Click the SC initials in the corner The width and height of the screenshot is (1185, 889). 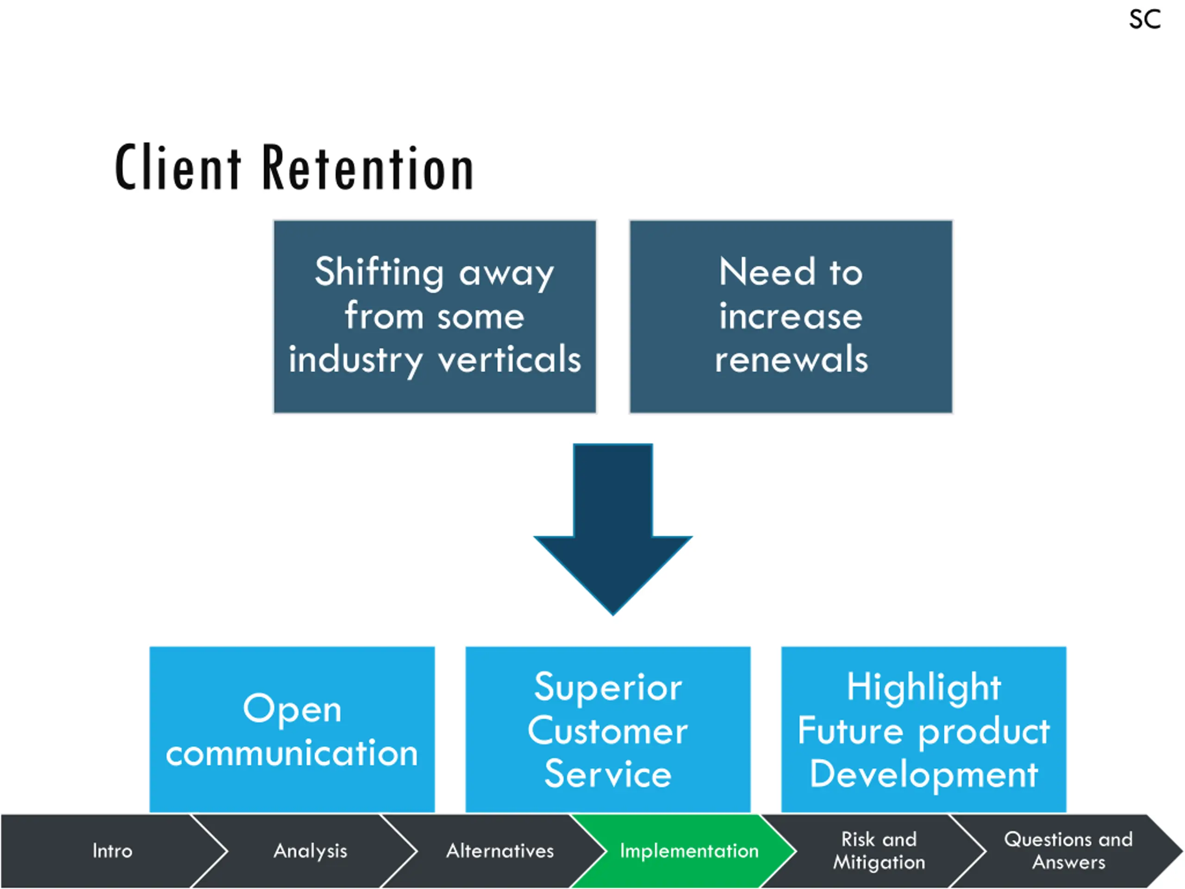coord(1145,20)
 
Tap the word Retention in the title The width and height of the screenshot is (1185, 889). coord(368,168)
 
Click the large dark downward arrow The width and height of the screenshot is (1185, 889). coord(613,529)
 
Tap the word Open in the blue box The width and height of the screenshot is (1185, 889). coord(292,710)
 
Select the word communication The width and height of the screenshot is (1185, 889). coord(292,753)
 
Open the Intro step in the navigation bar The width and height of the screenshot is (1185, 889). coord(112,851)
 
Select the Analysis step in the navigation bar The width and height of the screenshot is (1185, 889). coord(311,851)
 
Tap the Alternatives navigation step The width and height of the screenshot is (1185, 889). coord(500,851)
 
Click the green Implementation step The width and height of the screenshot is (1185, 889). coord(689,851)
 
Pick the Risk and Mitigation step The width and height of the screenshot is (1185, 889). coord(879,851)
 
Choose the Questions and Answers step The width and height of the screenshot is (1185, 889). coord(1068,851)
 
